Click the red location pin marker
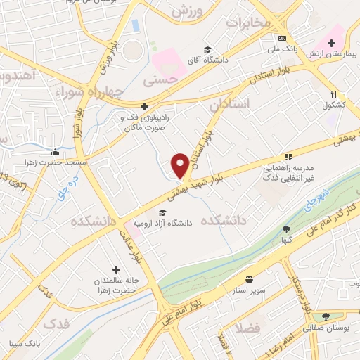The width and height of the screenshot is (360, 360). tap(180, 165)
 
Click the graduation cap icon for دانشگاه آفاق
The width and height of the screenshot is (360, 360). tap(207, 49)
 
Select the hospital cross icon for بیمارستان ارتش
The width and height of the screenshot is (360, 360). tap(332, 44)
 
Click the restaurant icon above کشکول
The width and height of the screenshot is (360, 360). tap(334, 94)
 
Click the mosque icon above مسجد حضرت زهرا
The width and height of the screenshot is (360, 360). tap(56, 152)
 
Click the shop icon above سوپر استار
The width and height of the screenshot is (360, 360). tap(249, 278)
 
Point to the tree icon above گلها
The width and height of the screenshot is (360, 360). tap(286, 229)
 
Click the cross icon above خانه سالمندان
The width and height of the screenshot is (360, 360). tap(116, 269)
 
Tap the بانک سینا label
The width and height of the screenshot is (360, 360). tap(22, 344)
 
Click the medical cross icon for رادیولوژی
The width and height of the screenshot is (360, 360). tap(144, 107)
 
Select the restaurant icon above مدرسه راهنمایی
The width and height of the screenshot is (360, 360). tap(288, 157)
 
